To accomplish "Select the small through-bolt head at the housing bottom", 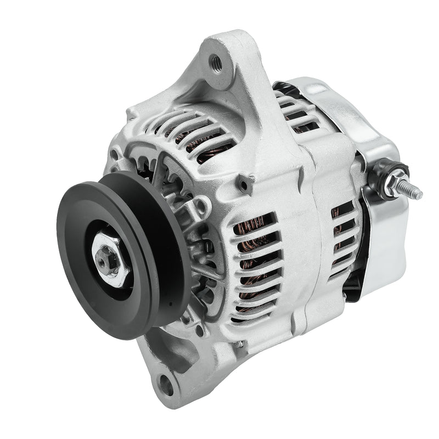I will pyautogui.click(x=240, y=344).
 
